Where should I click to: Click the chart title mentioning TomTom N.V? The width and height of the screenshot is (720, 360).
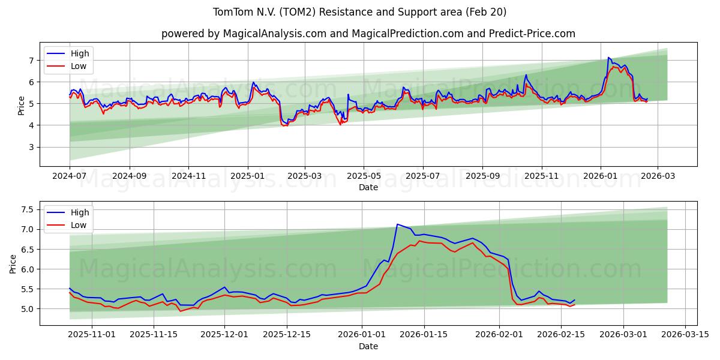(359, 12)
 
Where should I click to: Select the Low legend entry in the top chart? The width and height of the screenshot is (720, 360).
(79, 66)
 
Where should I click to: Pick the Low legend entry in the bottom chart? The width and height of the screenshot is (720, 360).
(79, 225)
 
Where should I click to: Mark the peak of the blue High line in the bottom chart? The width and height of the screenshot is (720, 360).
(397, 224)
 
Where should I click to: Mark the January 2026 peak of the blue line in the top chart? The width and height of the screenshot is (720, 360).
(608, 58)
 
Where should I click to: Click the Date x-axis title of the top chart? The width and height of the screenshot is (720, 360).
(368, 187)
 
